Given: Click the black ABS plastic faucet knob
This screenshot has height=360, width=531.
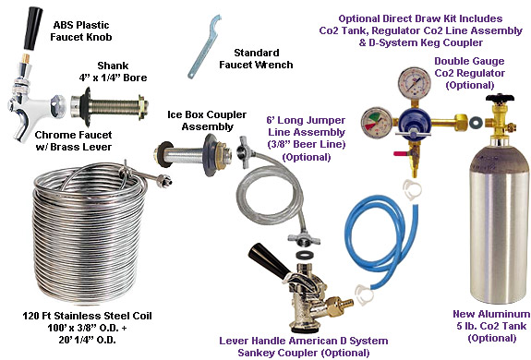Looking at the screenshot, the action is click(x=33, y=29).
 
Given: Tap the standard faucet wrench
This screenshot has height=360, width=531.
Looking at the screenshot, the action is click(x=203, y=47).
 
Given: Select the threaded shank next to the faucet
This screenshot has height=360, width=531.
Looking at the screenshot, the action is click(x=109, y=105).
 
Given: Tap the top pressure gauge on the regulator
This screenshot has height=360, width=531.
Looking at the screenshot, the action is click(x=415, y=83).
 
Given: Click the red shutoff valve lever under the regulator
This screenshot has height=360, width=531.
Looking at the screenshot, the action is click(x=402, y=153).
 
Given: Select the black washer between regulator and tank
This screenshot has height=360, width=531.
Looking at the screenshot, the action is click(x=477, y=121).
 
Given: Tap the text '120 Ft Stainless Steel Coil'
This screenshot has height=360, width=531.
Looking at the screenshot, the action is click(x=87, y=316).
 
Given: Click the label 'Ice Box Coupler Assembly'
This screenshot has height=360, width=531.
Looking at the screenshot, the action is click(x=207, y=120).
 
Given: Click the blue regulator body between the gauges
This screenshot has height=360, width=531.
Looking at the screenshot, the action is click(x=414, y=121).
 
